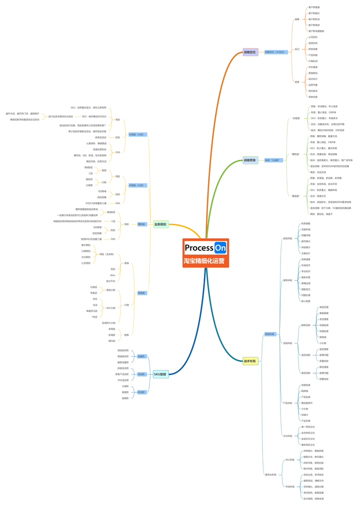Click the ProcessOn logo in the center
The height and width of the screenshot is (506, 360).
click(205, 247)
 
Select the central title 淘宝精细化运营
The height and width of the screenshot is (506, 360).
click(204, 261)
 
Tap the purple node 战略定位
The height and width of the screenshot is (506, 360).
click(250, 52)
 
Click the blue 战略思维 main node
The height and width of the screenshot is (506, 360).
click(250, 161)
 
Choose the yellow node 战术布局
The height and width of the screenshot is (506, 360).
click(250, 361)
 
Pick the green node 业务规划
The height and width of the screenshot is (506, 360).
click(160, 224)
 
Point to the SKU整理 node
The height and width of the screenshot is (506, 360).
click(160, 374)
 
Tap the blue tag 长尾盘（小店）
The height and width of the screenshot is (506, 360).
click(136, 135)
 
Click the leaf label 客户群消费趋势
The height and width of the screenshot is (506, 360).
click(316, 31)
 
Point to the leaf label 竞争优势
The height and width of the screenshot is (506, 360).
click(313, 97)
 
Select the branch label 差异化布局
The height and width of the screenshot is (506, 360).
click(270, 474)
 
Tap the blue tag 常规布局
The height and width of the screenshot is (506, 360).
click(270, 334)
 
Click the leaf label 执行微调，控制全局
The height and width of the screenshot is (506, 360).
click(313, 498)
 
